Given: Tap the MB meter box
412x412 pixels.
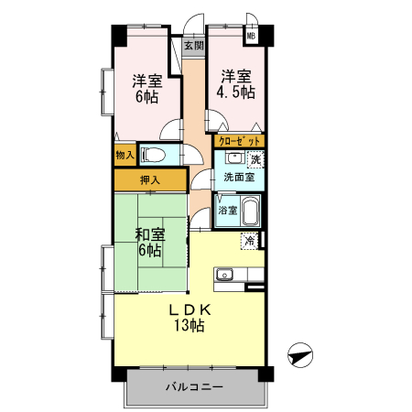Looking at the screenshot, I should [250, 38].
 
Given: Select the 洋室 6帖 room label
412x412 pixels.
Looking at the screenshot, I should [146, 86].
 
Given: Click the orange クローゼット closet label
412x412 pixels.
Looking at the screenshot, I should [240, 141].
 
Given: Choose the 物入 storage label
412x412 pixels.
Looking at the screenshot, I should [125, 157].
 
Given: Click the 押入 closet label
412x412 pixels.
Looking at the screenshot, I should [150, 179].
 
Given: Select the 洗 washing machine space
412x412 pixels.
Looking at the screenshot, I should [255, 160].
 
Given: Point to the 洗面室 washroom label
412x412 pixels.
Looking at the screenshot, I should [239, 178].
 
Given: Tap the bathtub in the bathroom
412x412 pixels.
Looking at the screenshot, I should [250, 211].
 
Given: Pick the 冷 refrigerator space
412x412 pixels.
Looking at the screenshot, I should [249, 241].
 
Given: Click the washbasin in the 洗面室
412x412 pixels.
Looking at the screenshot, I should [233, 157].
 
